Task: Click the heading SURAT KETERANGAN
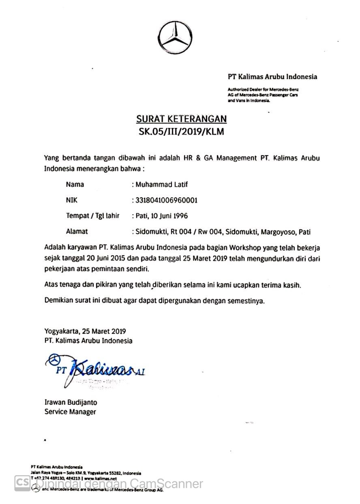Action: click(181, 119)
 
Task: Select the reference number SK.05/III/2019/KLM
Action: click(181, 132)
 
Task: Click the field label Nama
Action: click(75, 184)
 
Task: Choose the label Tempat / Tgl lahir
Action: click(92, 216)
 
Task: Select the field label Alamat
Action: click(77, 232)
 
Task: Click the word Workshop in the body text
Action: click(246, 247)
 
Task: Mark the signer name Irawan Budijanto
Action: click(71, 402)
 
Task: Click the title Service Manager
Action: click(70, 412)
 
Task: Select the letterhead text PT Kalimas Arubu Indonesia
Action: click(272, 77)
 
